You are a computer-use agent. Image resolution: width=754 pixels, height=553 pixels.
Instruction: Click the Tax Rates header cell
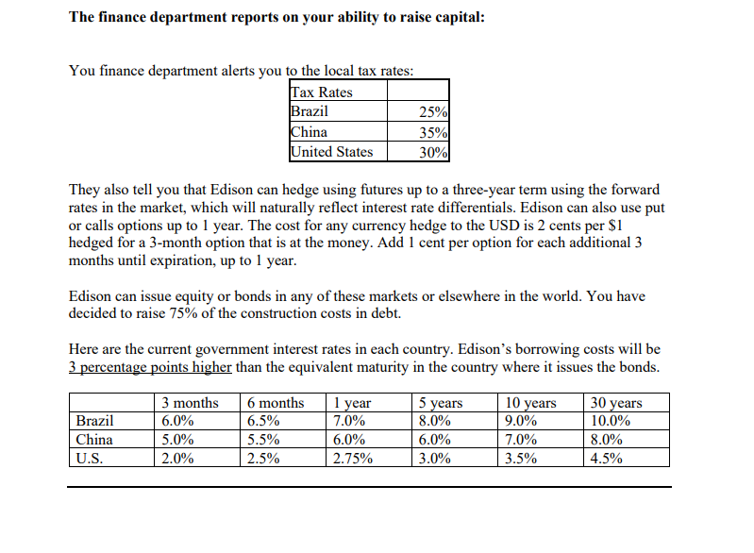[322, 92]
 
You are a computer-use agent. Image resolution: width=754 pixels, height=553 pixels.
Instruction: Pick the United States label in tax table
[331, 152]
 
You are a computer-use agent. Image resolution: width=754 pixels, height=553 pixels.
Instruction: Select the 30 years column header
[613, 403]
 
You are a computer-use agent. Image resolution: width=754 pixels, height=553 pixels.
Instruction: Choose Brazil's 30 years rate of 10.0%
[611, 421]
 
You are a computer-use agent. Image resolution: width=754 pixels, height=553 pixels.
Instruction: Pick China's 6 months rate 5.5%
[263, 440]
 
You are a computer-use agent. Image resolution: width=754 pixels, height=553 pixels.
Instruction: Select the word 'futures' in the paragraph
[363, 189]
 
